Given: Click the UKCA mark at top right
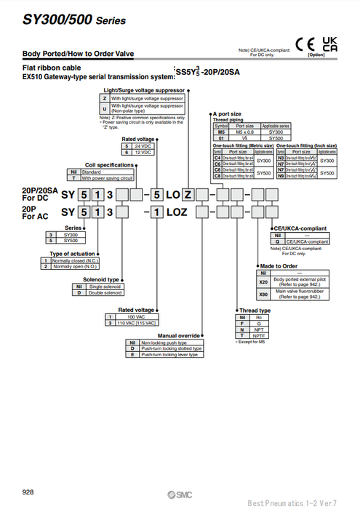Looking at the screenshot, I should point(329,42).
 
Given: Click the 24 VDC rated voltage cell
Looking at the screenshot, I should point(143,146).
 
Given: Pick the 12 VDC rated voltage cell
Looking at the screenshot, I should point(143,153).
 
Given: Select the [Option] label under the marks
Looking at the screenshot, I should point(316,55).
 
